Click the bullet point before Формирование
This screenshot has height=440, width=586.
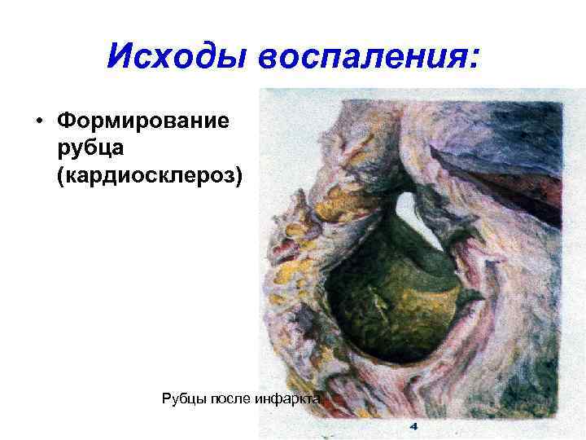(x=39, y=122)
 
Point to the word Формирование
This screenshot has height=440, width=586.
(x=143, y=122)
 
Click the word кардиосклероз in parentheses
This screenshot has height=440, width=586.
(x=150, y=176)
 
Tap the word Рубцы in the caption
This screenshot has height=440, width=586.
(x=185, y=398)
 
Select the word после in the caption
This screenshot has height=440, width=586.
(x=230, y=398)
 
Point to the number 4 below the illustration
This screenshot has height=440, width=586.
(x=413, y=425)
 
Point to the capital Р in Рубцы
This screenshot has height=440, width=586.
(x=168, y=398)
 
